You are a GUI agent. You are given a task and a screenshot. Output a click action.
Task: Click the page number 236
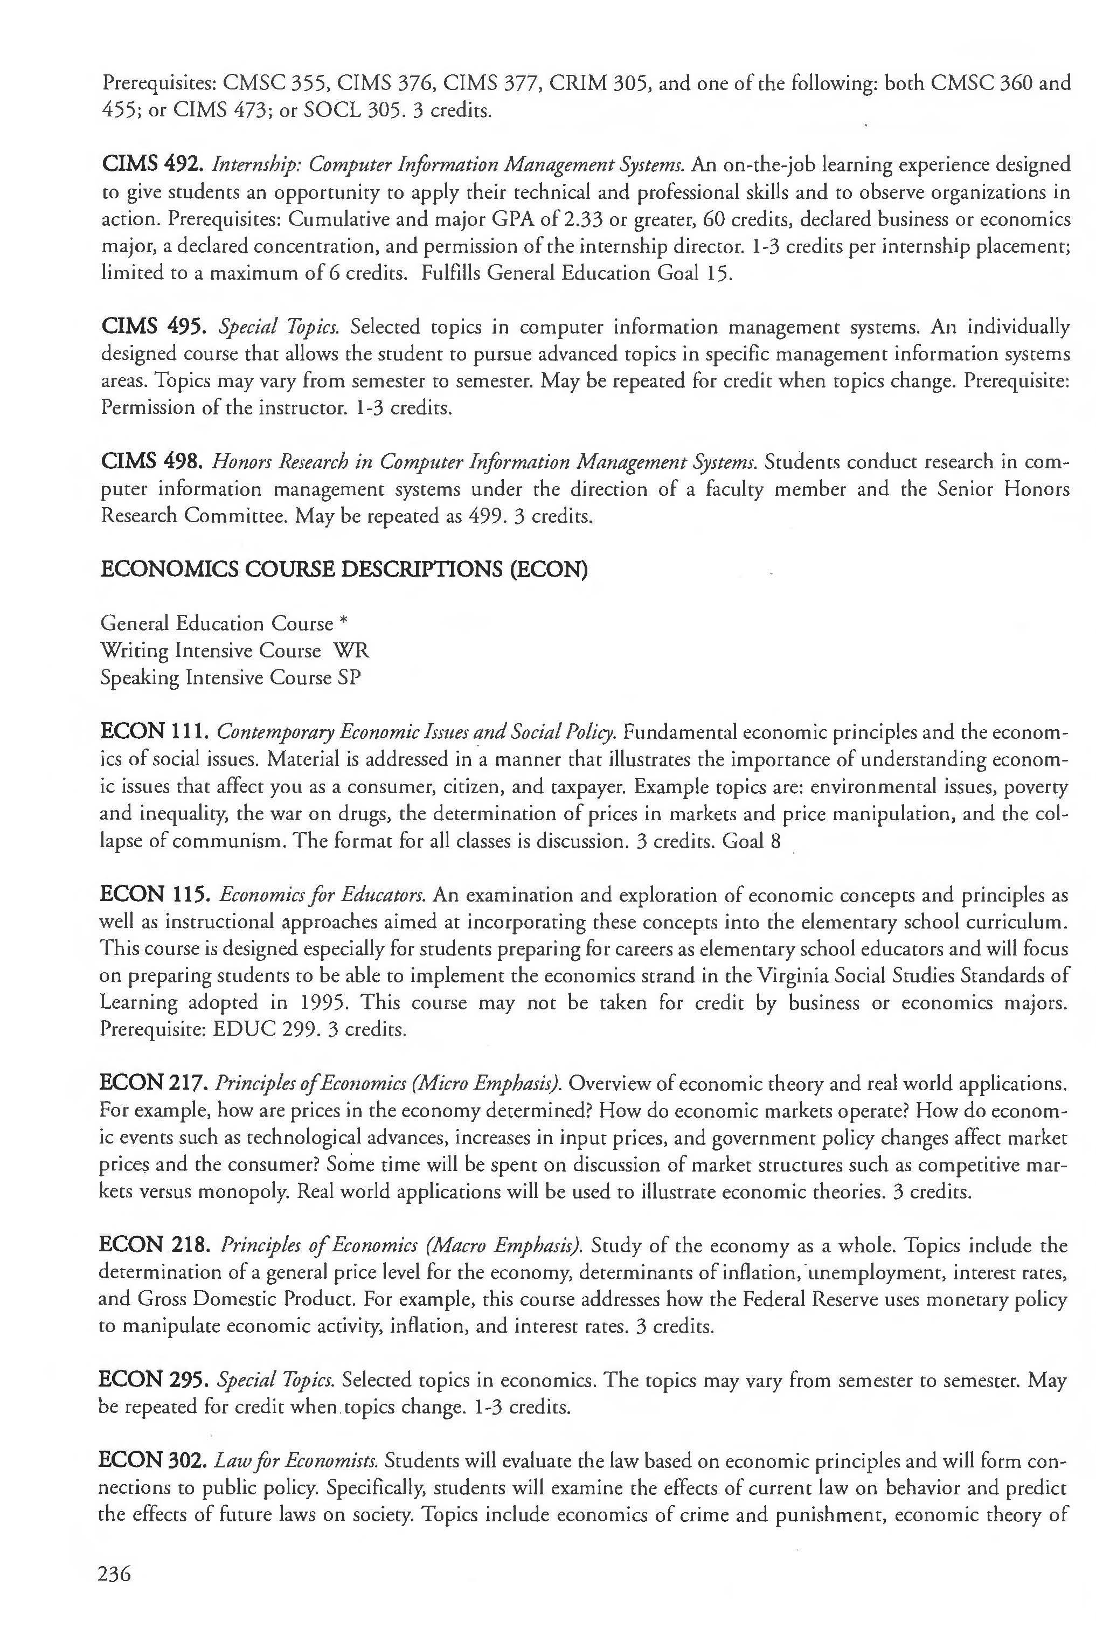point(115,1574)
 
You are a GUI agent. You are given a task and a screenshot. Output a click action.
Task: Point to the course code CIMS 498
point(152,461)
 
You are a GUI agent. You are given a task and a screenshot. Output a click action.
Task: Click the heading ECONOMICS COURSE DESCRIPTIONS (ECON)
point(344,570)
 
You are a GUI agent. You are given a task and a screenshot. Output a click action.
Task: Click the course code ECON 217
point(154,1084)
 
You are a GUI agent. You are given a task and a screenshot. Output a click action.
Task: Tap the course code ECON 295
point(154,1380)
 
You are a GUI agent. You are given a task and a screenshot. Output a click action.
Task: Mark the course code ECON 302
point(153,1461)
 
